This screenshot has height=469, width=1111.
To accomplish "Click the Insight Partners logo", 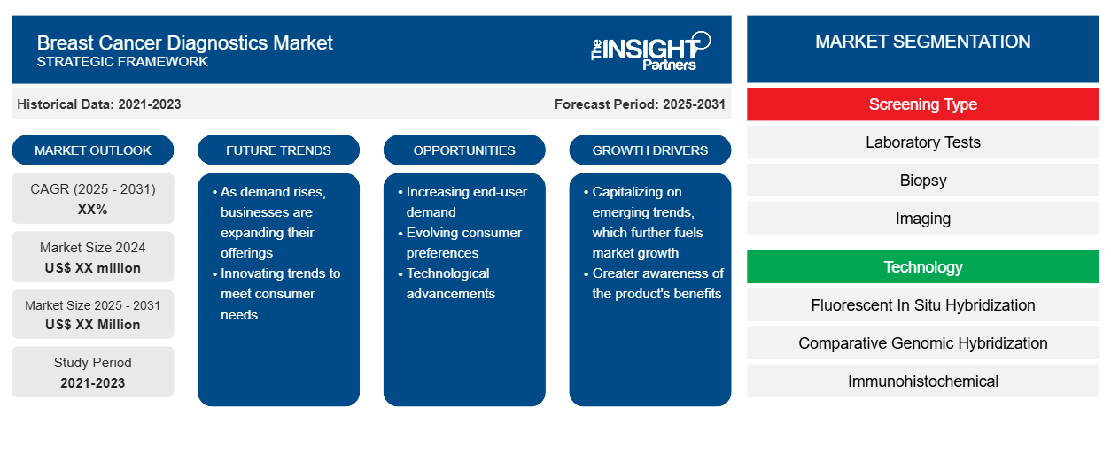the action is click(x=650, y=50).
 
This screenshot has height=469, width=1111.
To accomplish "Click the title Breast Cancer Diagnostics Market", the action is click(x=184, y=43).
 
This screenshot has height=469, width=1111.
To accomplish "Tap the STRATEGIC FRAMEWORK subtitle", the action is click(x=122, y=62).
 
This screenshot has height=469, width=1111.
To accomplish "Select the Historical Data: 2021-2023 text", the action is click(x=99, y=104).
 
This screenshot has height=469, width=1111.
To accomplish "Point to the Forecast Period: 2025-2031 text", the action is click(x=640, y=104).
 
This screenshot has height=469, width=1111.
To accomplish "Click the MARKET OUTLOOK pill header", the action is click(x=93, y=150).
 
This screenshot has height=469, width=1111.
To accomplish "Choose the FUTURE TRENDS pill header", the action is click(x=278, y=150).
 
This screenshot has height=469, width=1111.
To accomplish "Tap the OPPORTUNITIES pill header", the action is click(x=464, y=150).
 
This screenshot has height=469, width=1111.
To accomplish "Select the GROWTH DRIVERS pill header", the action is click(x=649, y=150).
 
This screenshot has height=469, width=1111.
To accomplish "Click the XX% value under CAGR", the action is click(x=93, y=210).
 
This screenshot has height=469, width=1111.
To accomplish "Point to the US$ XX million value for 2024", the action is click(x=93, y=268).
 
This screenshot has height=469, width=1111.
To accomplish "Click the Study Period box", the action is click(x=93, y=372).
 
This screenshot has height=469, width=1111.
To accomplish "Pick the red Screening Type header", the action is click(x=923, y=104).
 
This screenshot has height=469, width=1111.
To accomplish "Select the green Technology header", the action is click(x=923, y=267).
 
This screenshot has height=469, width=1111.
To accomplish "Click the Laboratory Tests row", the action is click(x=923, y=142).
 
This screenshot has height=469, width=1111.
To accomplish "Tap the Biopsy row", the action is click(x=923, y=181).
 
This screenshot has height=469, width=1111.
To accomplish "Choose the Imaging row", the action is click(x=923, y=219).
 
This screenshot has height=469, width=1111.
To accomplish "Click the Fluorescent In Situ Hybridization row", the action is click(x=923, y=305).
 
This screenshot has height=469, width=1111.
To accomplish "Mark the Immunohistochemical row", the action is click(x=923, y=381).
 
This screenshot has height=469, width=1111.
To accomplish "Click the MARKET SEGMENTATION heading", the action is click(x=923, y=42).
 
